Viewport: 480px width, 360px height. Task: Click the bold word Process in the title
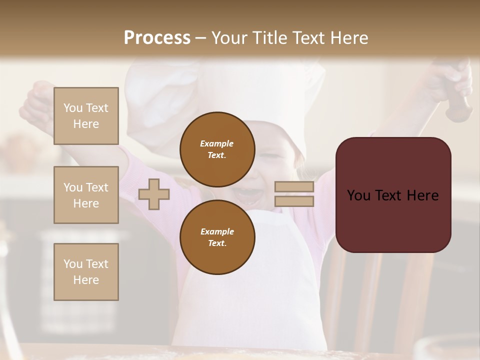click(157, 38)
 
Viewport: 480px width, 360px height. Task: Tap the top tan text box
click(86, 116)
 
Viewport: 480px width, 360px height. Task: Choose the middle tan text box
click(86, 195)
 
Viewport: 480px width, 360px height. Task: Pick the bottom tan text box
click(86, 271)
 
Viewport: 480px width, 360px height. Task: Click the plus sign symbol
click(154, 194)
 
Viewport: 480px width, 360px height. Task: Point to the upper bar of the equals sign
click(294, 187)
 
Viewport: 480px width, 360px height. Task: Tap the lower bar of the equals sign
click(294, 201)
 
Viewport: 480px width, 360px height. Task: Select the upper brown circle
click(217, 149)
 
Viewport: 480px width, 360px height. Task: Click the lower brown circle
click(217, 237)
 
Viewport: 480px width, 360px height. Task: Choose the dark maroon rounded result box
click(393, 195)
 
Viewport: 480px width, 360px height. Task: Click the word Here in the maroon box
click(422, 195)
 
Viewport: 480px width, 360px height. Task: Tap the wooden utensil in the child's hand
click(458, 107)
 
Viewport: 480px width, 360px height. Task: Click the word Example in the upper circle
click(217, 143)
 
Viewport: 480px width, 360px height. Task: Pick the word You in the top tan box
click(73, 108)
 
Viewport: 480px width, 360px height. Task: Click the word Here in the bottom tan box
click(86, 280)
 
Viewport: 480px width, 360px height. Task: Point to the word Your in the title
click(230, 38)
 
